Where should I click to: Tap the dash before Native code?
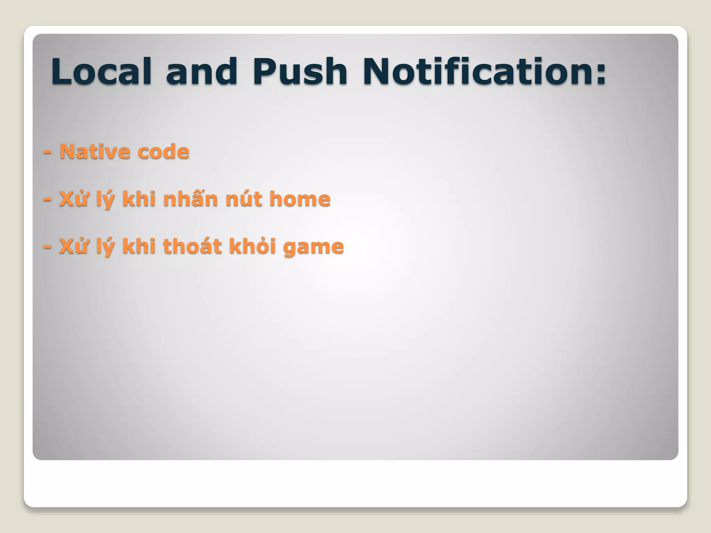(x=48, y=153)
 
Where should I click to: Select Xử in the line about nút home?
(x=73, y=199)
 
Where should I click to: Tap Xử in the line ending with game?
(x=73, y=246)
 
